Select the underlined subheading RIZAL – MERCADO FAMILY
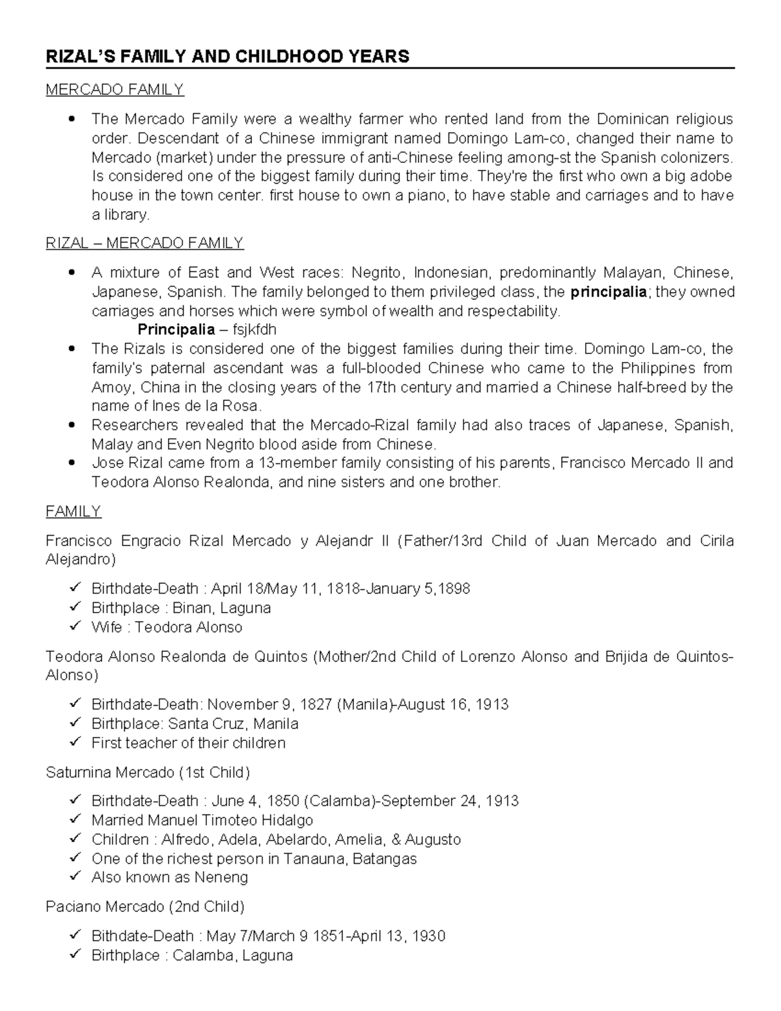pos(144,243)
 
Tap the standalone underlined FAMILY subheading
pos(74,511)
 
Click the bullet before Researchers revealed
pos(73,425)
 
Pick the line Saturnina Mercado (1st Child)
pos(148,772)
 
